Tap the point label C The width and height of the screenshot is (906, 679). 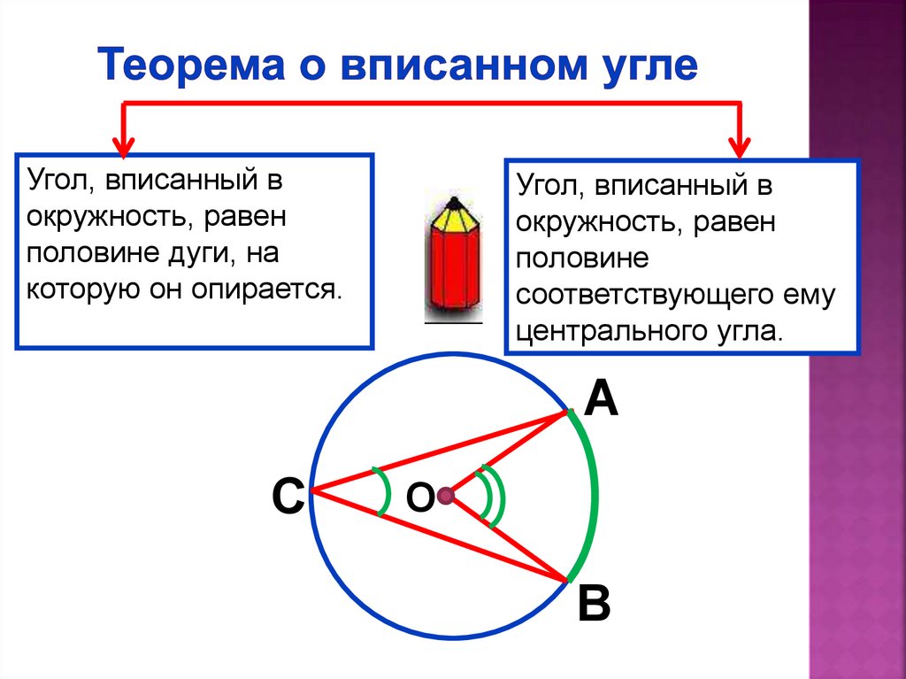click(x=288, y=498)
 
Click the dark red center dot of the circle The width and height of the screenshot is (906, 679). click(x=446, y=495)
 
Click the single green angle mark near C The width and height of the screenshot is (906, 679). click(x=383, y=491)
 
